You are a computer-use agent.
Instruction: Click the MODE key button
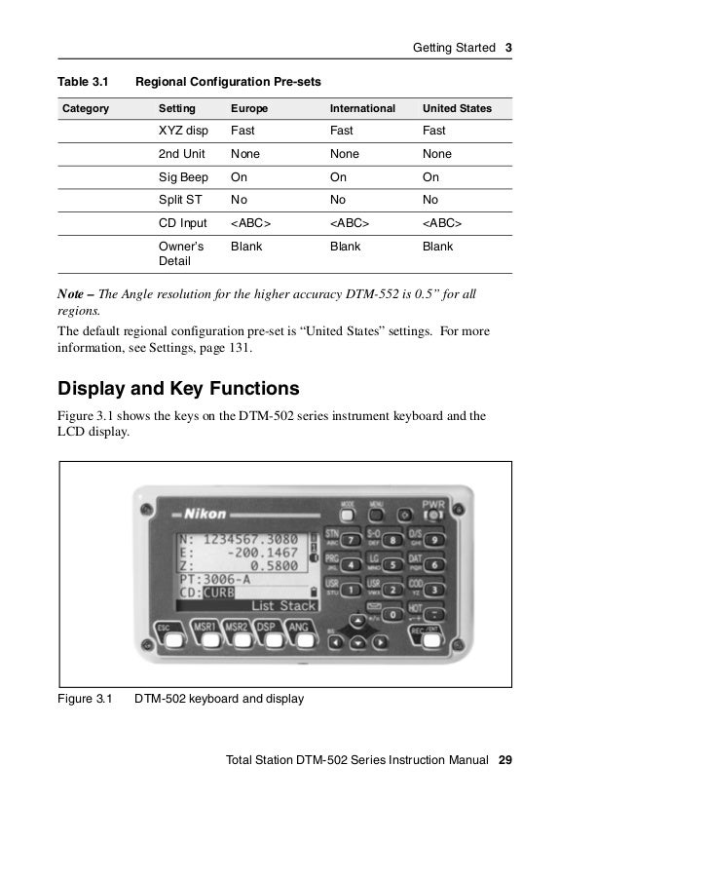pyautogui.click(x=347, y=515)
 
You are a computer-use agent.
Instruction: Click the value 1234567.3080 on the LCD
pyautogui.click(x=253, y=541)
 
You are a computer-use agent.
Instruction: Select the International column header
pyautogui.click(x=362, y=108)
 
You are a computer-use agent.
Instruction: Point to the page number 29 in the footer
pyautogui.click(x=504, y=759)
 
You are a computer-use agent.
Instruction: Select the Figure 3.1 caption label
pyautogui.click(x=87, y=699)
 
